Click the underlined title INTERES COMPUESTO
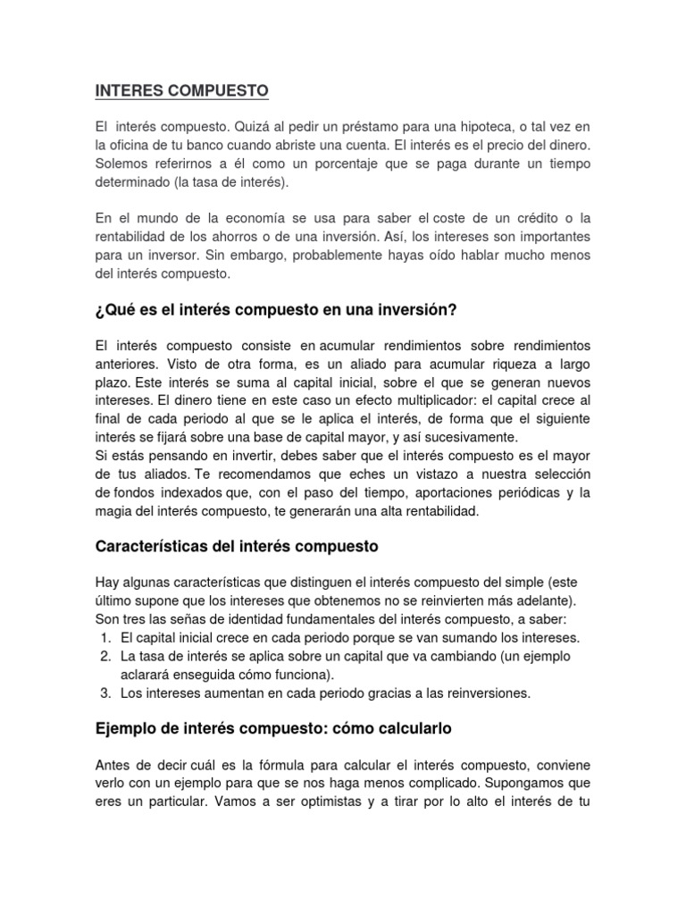point(181,91)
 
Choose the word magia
point(113,511)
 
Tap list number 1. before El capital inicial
point(105,638)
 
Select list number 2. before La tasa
point(105,656)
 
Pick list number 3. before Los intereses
point(105,692)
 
